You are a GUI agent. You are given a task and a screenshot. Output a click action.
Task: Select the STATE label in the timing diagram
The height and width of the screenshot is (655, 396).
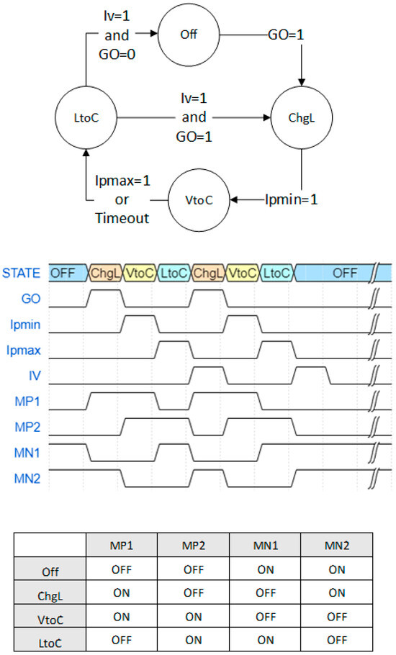pos(22,273)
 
